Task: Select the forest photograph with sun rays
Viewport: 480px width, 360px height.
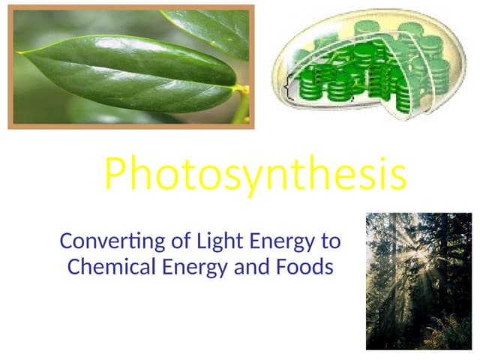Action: tap(419, 280)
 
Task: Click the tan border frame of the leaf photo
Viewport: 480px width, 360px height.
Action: tap(10, 67)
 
